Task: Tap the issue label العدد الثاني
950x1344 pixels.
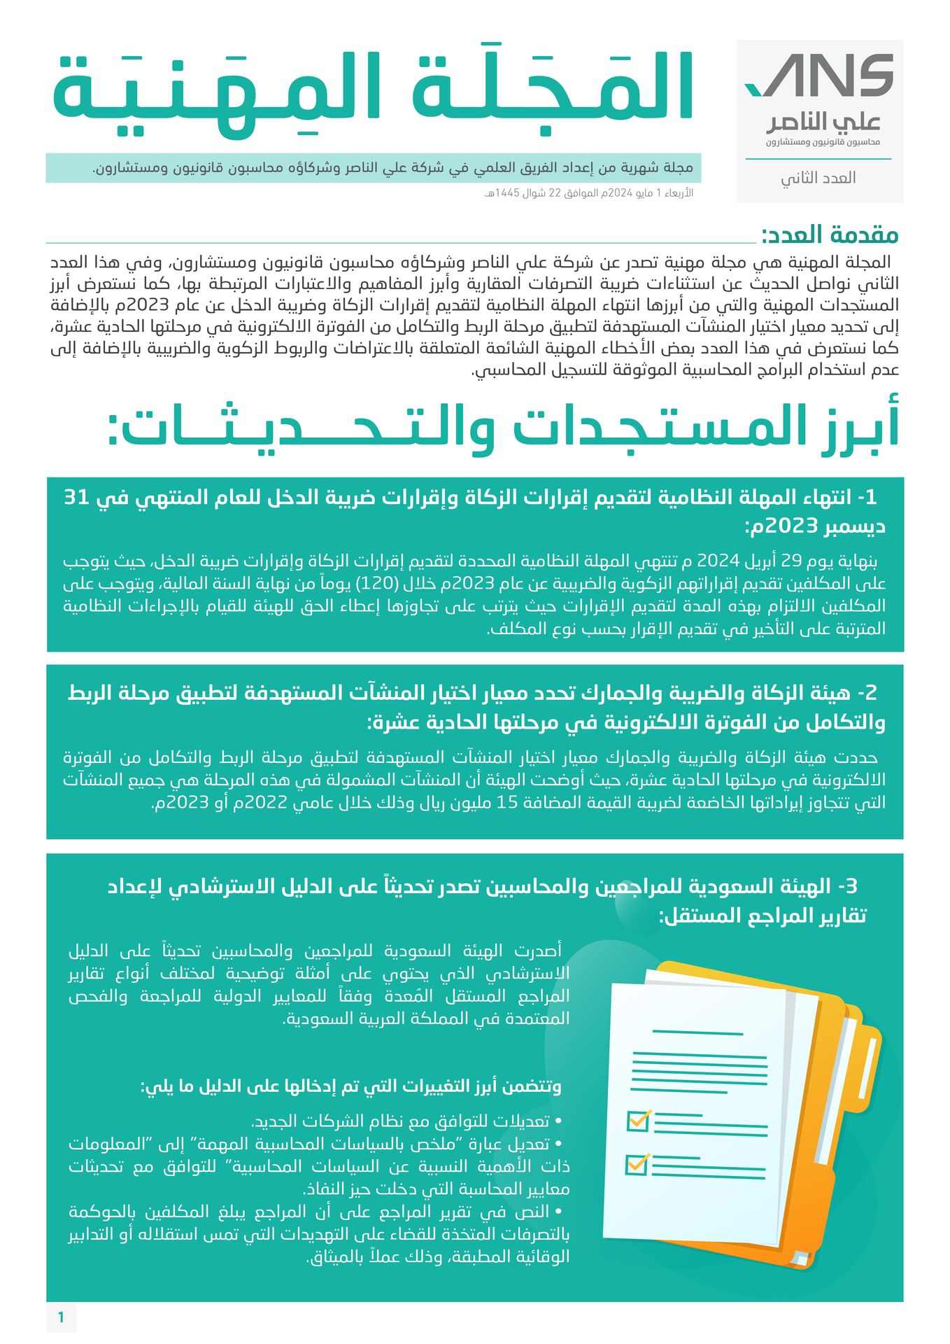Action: click(x=818, y=178)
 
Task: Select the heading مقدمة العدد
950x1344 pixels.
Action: click(x=830, y=235)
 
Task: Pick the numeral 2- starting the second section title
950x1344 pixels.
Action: click(x=866, y=693)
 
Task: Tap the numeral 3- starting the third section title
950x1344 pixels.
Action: click(x=847, y=886)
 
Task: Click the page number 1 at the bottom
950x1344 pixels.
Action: click(x=61, y=1317)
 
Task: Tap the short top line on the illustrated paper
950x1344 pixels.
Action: click(x=697, y=1032)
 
